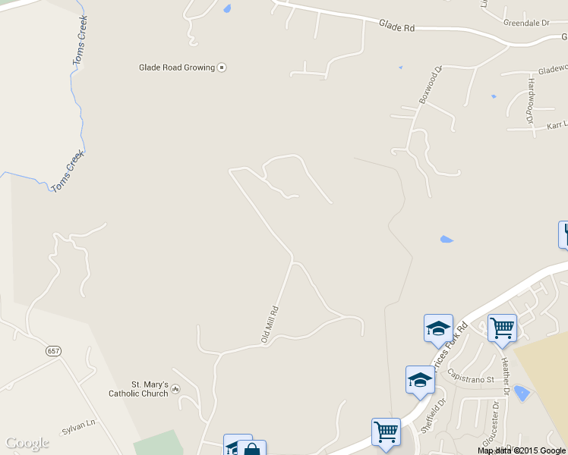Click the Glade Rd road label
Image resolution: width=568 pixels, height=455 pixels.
[397, 27]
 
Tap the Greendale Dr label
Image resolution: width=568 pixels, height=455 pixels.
[525, 23]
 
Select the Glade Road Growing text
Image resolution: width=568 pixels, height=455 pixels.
[176, 67]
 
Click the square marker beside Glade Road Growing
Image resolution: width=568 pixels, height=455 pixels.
[222, 67]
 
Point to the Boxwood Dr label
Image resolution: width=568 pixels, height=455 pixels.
[429, 87]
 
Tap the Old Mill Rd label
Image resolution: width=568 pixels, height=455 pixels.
[270, 325]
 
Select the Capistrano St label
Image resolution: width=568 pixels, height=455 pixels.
[471, 376]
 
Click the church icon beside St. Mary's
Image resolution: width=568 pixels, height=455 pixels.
[176, 389]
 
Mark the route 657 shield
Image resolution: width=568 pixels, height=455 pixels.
[52, 351]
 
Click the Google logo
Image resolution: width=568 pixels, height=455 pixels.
[27, 443]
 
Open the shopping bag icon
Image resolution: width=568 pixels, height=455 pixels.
[252, 448]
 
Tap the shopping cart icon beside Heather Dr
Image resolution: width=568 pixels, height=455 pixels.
[502, 328]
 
